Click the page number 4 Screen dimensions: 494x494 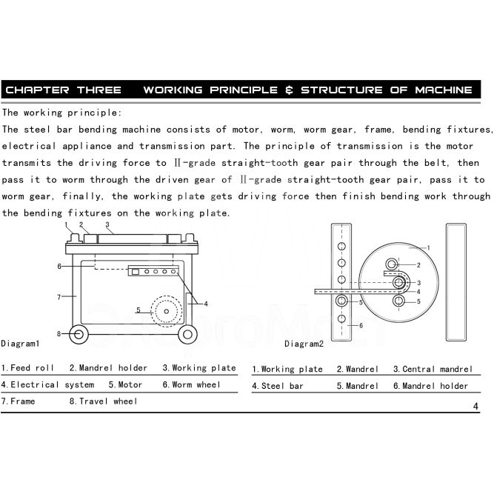(x=475, y=405)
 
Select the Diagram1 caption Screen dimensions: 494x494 (x=20, y=344)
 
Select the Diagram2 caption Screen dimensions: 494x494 (x=304, y=344)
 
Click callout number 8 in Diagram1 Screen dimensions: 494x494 (x=59, y=333)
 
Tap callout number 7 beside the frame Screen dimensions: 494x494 (x=59, y=296)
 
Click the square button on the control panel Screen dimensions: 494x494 (x=136, y=271)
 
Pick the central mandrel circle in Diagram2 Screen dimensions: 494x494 (x=399, y=282)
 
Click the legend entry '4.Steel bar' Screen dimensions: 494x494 (x=278, y=386)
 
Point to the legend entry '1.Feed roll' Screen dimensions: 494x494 (x=27, y=368)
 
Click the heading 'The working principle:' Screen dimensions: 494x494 (x=62, y=113)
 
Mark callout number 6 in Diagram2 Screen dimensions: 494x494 (x=361, y=325)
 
